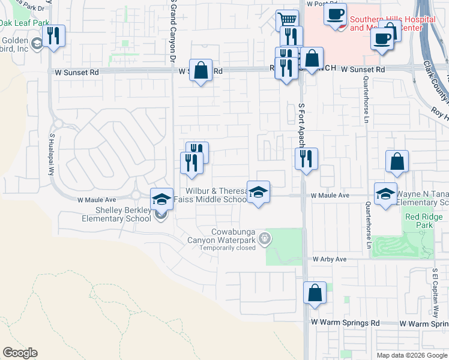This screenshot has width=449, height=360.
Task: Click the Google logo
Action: (20, 353)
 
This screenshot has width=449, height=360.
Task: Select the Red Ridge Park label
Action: (419, 220)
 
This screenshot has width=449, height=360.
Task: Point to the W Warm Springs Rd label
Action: (345, 323)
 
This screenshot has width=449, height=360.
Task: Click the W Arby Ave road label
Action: (330, 259)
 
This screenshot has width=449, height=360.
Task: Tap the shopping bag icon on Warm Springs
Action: (315, 293)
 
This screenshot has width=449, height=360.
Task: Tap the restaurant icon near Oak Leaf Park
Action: (54, 36)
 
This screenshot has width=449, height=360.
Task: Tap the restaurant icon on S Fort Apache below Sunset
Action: (306, 159)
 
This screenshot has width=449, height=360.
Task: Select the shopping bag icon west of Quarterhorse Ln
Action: (397, 161)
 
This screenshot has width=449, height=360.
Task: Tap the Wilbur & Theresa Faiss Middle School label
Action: (215, 195)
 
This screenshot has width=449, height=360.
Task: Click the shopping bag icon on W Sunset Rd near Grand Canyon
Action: (201, 70)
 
